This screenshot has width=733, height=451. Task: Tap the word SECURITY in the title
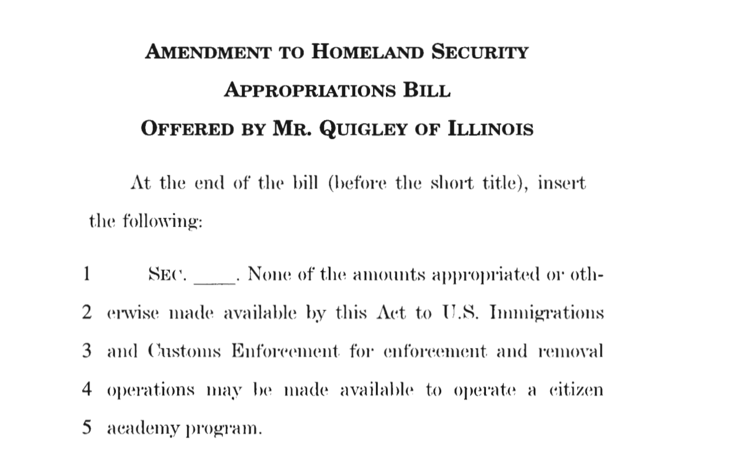(x=480, y=52)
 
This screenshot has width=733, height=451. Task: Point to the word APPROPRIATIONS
(x=309, y=91)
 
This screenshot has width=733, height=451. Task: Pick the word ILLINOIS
(x=491, y=129)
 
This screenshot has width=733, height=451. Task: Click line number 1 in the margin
(x=86, y=274)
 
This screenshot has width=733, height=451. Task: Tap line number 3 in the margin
(x=86, y=351)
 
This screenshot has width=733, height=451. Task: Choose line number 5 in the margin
(x=86, y=428)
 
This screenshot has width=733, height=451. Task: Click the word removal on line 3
(x=571, y=352)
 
